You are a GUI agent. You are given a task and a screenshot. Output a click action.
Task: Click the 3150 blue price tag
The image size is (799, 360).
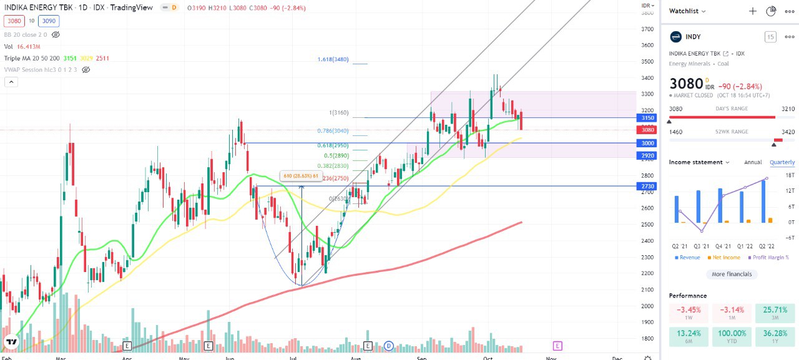[x=647, y=118]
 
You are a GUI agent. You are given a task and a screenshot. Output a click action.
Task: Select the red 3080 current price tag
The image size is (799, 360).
[x=647, y=130]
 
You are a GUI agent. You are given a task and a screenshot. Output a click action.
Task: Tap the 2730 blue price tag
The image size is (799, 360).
[x=647, y=186]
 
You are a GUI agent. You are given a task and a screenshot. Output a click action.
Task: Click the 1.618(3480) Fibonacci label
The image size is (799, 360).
[x=333, y=59]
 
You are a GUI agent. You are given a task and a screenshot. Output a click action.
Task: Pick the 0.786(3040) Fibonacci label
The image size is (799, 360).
[x=333, y=131]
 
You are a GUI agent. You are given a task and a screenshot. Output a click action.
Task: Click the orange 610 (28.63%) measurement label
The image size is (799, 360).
[x=301, y=177]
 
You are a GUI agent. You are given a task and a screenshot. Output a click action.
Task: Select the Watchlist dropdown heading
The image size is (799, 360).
[x=687, y=11]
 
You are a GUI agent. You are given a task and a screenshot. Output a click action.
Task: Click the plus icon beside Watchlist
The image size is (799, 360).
[x=753, y=11]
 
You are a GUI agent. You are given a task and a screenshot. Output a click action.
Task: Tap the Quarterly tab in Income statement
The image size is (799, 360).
[x=782, y=162]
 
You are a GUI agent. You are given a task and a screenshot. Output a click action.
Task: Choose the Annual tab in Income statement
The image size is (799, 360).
[x=753, y=162]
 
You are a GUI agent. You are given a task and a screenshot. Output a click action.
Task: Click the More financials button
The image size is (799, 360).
[x=732, y=274]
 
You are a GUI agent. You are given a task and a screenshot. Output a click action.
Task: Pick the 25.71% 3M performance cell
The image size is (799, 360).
[x=775, y=313]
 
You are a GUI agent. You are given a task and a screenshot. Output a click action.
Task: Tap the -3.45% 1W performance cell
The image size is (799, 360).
[x=689, y=313]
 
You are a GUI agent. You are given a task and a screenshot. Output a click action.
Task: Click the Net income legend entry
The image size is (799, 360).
[x=724, y=257]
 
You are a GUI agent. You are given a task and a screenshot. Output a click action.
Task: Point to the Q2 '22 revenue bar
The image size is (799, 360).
[x=763, y=201]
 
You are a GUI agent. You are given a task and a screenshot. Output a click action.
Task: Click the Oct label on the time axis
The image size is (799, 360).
[x=488, y=357]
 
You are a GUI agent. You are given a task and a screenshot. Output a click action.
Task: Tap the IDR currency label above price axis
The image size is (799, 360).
[x=647, y=6]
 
